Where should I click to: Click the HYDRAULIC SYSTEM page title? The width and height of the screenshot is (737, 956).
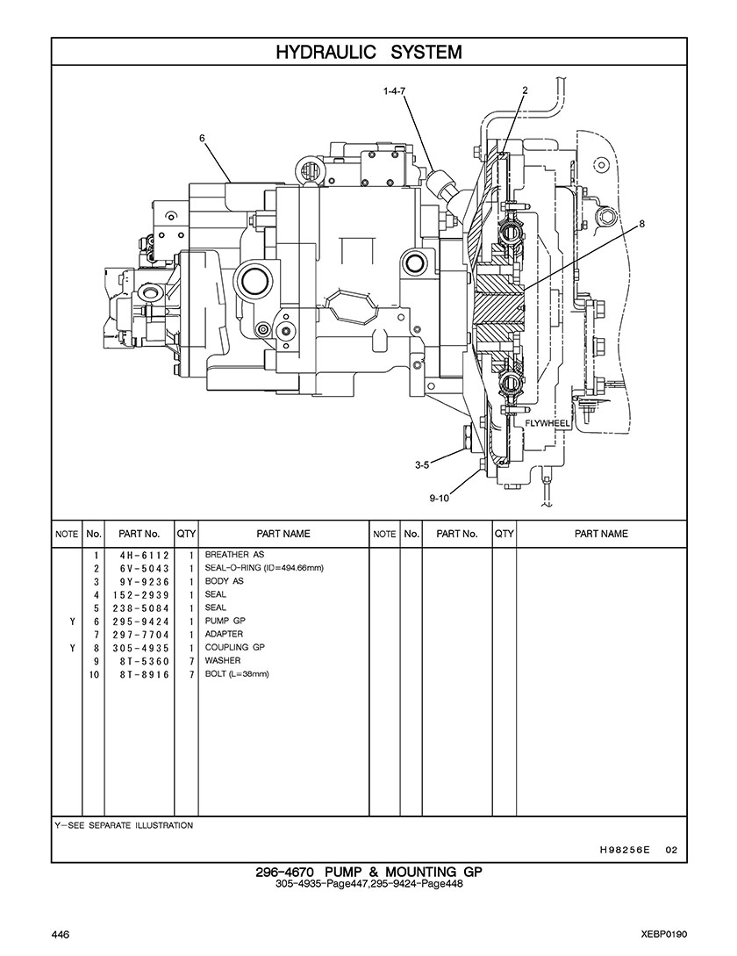368,53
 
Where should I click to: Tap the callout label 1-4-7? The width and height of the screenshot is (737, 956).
395,90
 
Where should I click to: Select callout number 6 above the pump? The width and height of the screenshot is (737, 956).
202,139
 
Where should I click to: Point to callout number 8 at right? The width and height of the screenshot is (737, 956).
641,225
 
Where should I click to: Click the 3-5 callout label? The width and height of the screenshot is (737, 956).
422,464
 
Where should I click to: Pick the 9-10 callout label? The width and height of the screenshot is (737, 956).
439,498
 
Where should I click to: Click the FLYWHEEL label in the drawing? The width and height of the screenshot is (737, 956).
547,423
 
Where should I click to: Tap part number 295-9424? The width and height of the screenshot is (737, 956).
140,622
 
